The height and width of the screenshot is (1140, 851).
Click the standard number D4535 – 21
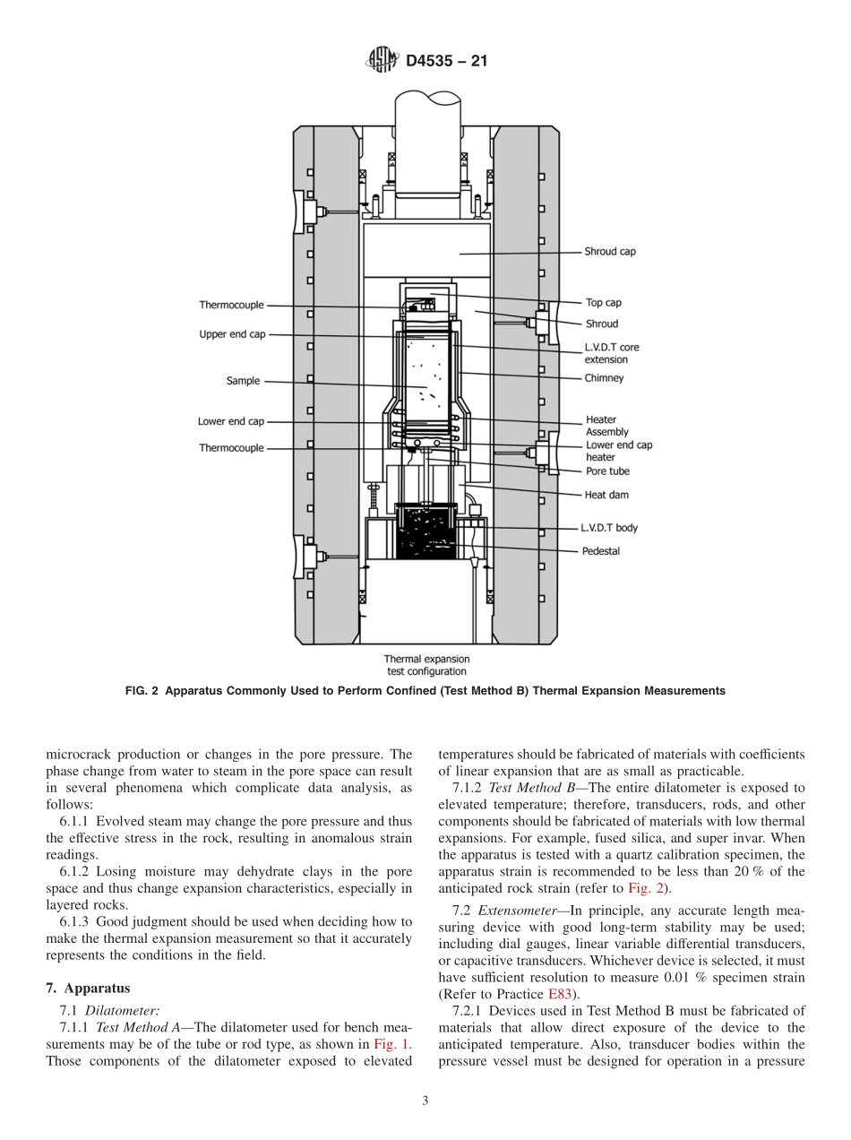pos(446,62)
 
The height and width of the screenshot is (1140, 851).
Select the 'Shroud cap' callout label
pos(610,252)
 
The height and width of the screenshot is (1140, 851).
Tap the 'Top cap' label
pos(603,303)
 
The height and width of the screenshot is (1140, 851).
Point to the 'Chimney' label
pos(605,378)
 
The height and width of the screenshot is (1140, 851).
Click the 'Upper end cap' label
pos(232,334)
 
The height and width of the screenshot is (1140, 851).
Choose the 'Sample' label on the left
pos(243,381)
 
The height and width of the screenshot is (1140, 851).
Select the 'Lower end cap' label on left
pos(231,421)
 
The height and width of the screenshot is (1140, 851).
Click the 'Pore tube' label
pos(607,471)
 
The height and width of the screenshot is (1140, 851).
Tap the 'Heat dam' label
pos(606,494)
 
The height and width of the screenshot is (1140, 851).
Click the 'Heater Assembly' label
pos(606,426)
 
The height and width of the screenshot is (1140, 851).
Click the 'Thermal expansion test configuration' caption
pos(426,665)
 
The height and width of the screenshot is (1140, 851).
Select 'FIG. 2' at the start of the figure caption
pos(141,691)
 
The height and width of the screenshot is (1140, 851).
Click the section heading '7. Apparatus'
pos(88,989)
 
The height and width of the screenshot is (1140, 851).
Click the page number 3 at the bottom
pos(425,1101)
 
